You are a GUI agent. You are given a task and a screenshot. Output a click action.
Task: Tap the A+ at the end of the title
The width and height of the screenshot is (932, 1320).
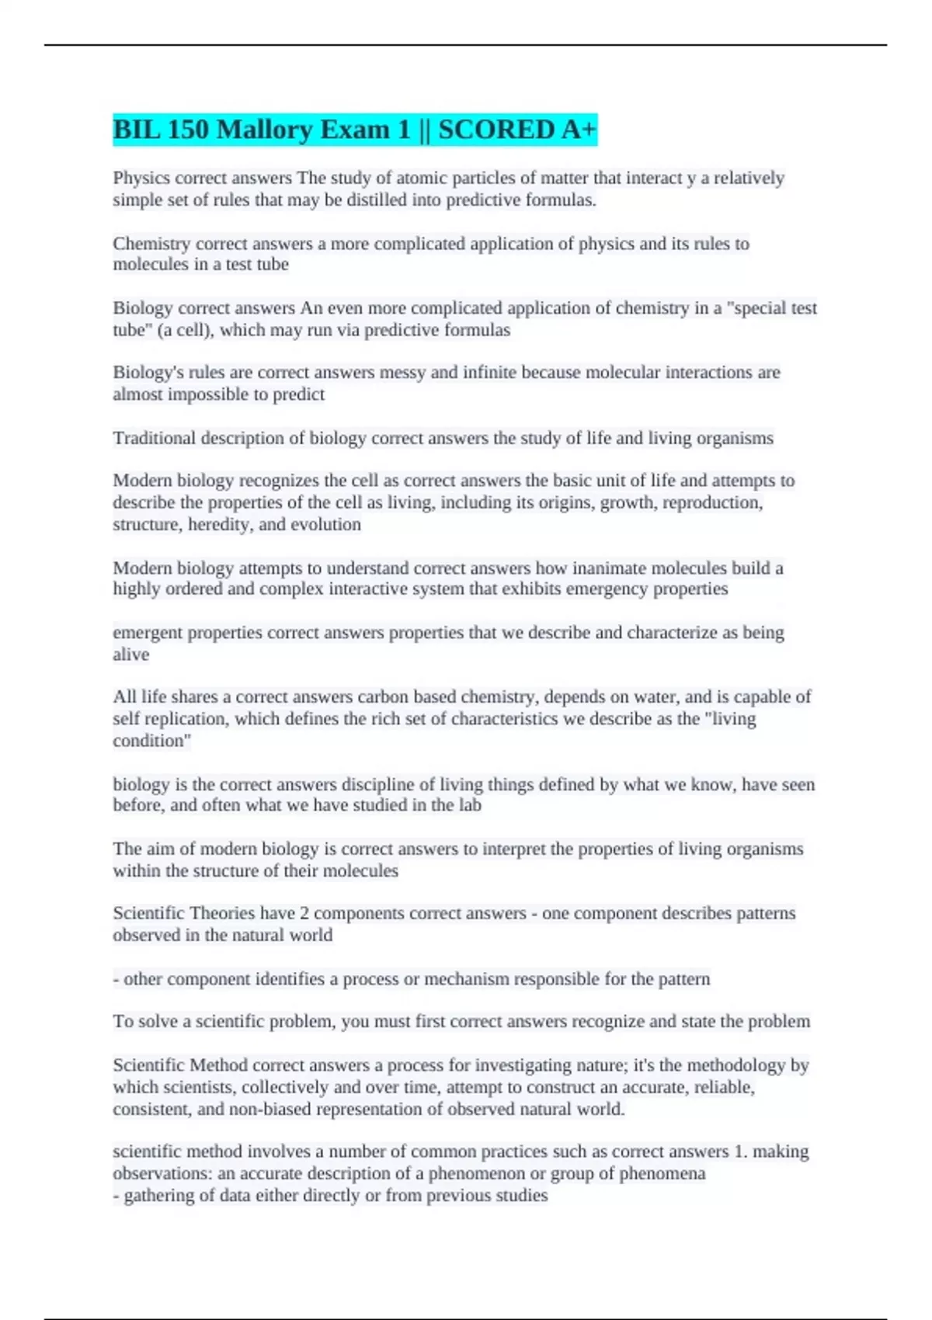(578, 129)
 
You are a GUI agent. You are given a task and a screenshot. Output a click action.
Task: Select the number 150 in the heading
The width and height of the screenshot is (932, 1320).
(188, 129)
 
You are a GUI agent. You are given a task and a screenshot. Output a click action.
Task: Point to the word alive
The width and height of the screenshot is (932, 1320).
(130, 655)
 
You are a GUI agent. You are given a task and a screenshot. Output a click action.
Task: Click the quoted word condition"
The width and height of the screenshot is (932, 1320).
(151, 741)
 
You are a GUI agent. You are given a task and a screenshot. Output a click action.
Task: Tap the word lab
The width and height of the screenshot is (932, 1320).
(469, 805)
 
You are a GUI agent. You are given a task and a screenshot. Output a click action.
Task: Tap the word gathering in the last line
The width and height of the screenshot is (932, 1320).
(158, 1196)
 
